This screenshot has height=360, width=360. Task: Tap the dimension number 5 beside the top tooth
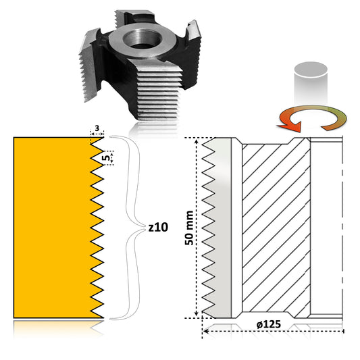(106, 158)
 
